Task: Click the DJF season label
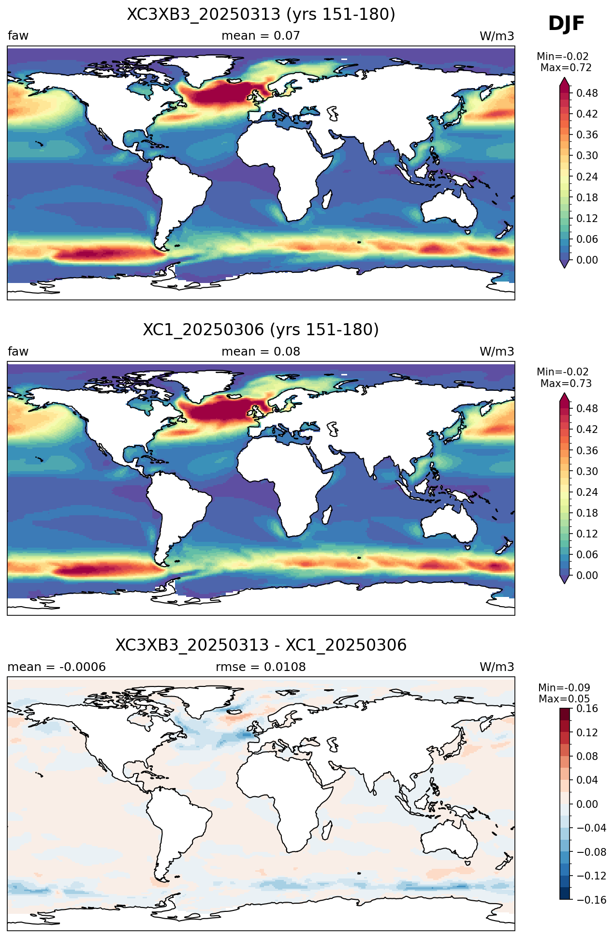pos(566,24)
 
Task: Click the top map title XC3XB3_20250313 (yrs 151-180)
pos(261,15)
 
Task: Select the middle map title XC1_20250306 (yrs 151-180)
pos(261,330)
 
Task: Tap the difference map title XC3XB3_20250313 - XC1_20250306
pos(261,645)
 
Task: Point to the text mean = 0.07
pos(261,36)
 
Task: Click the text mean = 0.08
pos(261,352)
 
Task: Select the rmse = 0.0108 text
pos(261,667)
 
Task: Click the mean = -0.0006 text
pos(57,667)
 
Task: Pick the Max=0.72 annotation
pos(566,68)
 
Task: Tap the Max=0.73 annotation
pos(566,384)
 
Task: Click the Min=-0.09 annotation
pos(564,688)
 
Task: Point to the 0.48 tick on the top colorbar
pos(587,93)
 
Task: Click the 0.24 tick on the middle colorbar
pos(587,492)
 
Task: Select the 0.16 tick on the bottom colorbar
pos(587,709)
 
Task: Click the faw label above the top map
pos(18,36)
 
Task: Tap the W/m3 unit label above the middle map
pos(497,352)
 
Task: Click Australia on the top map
pos(449,208)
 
